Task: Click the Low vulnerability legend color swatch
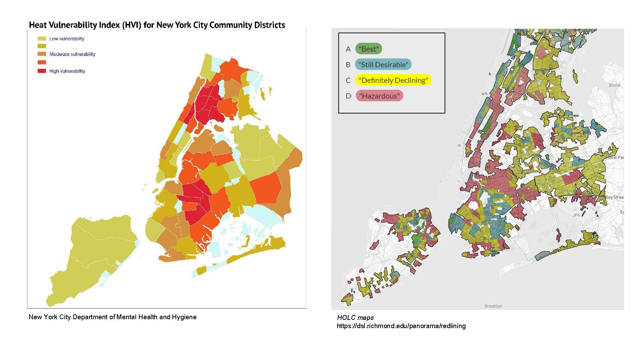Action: (41, 39)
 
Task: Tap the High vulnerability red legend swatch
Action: (41, 71)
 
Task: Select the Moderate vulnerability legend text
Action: (72, 54)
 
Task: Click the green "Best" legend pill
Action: (369, 49)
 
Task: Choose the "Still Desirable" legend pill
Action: (383, 64)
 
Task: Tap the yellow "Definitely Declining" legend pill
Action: (393, 80)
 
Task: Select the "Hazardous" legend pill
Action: (379, 96)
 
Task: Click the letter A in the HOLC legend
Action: (348, 49)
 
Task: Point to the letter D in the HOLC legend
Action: (348, 96)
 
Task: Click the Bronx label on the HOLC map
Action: (615, 85)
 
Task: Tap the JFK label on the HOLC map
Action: (576, 215)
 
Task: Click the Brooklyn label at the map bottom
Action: (493, 306)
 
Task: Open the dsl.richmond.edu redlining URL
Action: (401, 326)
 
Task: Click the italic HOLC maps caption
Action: (355, 317)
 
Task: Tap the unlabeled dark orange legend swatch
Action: (41, 62)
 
